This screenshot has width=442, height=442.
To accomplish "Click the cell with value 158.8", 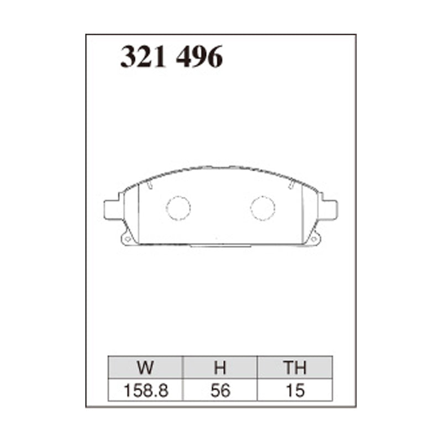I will pos(146,391).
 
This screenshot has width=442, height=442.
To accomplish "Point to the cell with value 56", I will pos(220,391).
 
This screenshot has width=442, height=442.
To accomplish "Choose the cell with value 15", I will pos(294,391).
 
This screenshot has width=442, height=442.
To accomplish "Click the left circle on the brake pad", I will pos(178,208).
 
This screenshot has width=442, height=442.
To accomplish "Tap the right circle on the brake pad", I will pos(262,208).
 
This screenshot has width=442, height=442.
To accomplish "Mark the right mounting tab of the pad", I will pos(329,209).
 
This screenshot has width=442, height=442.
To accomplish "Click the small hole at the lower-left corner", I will pos(127,239).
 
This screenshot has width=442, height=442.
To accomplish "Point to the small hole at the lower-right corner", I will pos(314,239).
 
